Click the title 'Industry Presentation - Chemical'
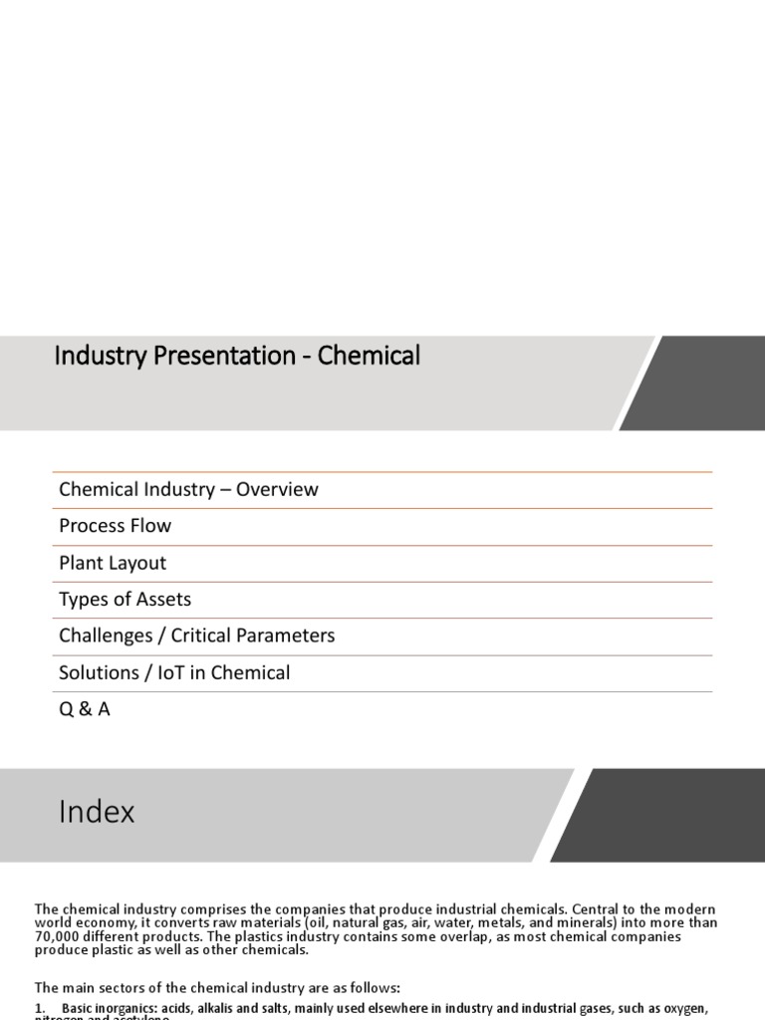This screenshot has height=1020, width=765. tap(237, 356)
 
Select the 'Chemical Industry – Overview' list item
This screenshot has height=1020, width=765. tap(188, 489)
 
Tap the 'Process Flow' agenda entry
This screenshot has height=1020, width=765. tap(115, 526)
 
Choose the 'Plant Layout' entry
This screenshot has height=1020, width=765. tap(113, 563)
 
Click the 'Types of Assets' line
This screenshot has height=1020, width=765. tap(125, 600)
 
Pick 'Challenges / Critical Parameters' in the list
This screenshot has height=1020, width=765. tap(196, 636)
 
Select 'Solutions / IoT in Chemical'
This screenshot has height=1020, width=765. tap(174, 672)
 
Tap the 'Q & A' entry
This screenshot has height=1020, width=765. tap(85, 709)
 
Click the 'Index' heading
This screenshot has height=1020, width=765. tap(97, 812)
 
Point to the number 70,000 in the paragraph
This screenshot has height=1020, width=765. tap(61, 936)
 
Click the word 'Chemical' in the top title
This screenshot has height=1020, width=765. tap(370, 356)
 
